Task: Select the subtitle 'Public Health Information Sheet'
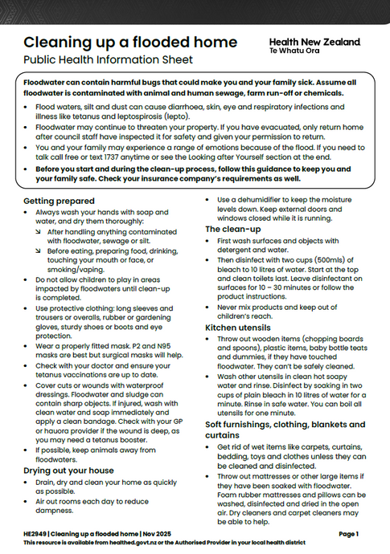109,59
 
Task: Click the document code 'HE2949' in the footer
37,533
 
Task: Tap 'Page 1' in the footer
348,533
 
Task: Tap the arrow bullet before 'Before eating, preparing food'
40,250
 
